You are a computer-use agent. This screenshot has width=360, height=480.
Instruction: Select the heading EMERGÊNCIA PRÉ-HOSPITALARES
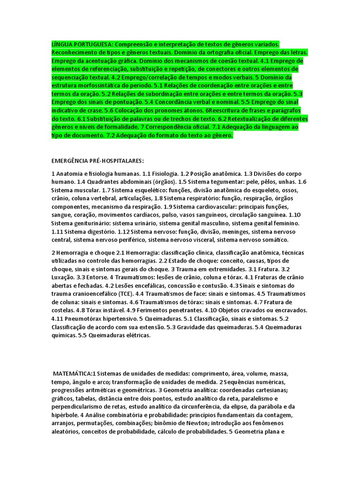click(97, 160)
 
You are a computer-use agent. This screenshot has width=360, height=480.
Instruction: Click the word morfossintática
click(101, 77)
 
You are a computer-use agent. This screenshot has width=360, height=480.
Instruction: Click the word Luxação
click(63, 277)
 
